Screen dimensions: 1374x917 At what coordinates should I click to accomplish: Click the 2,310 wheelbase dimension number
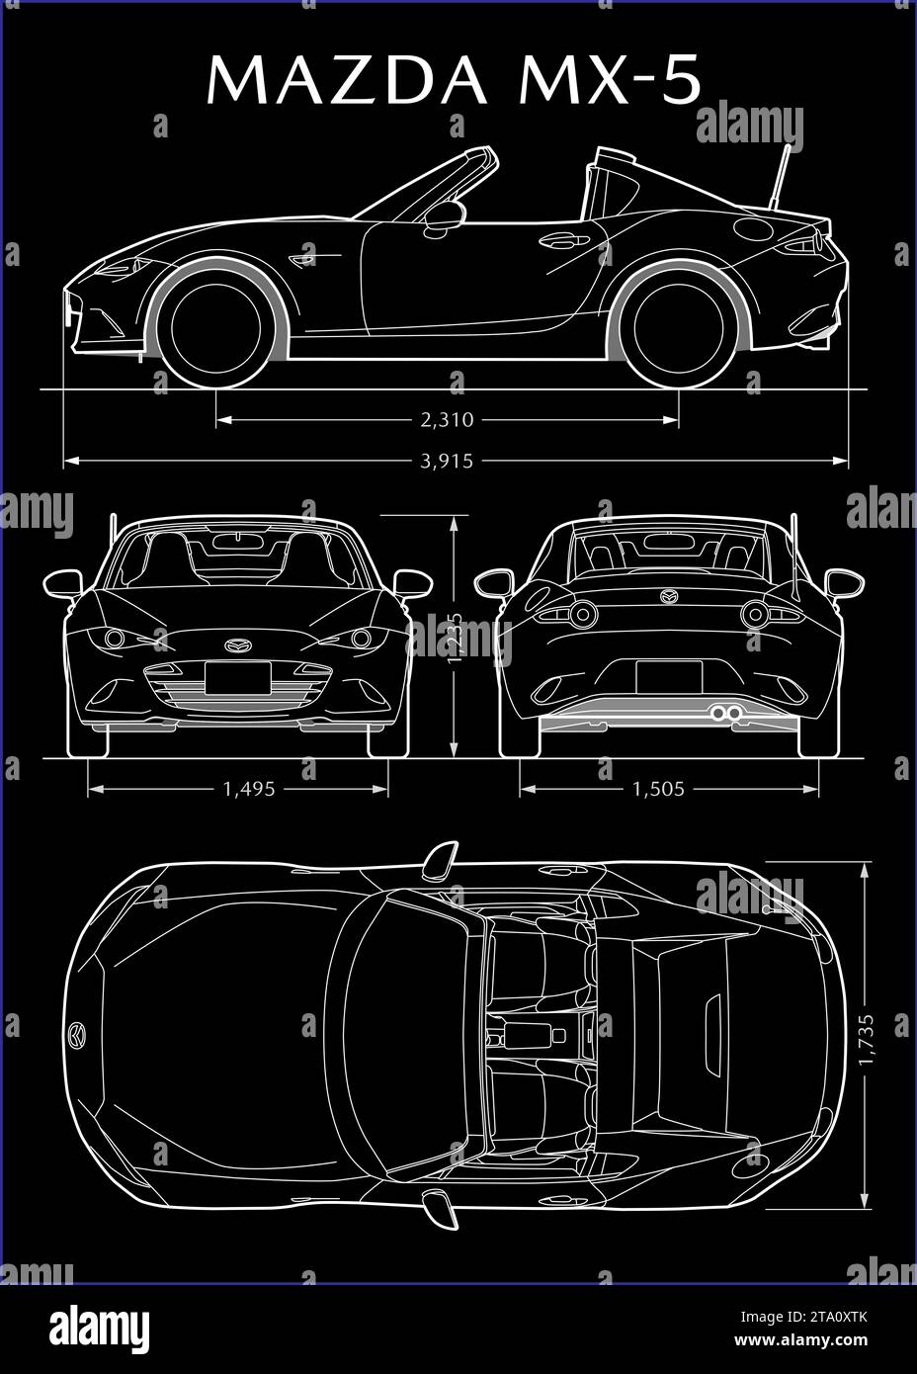click(x=448, y=420)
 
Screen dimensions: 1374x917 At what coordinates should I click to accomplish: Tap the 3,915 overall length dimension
click(x=448, y=461)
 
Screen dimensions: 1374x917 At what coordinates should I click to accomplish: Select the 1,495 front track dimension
click(x=249, y=789)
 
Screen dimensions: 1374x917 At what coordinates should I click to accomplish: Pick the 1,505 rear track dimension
click(x=658, y=789)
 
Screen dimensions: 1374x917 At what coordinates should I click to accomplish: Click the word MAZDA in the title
click(x=346, y=81)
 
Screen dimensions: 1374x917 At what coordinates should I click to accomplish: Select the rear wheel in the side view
click(x=679, y=327)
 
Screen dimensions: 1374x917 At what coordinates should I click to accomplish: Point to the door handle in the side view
click(x=563, y=240)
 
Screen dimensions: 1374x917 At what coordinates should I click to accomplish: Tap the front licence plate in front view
click(x=238, y=679)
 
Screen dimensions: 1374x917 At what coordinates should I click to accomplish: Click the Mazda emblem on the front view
click(x=238, y=645)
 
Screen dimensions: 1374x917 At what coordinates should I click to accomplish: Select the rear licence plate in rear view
click(x=669, y=677)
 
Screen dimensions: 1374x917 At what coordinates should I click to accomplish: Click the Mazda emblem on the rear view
click(x=669, y=596)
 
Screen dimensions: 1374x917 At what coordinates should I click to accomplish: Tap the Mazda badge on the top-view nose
click(x=77, y=1035)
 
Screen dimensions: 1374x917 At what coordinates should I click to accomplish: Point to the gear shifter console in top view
click(x=524, y=1036)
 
